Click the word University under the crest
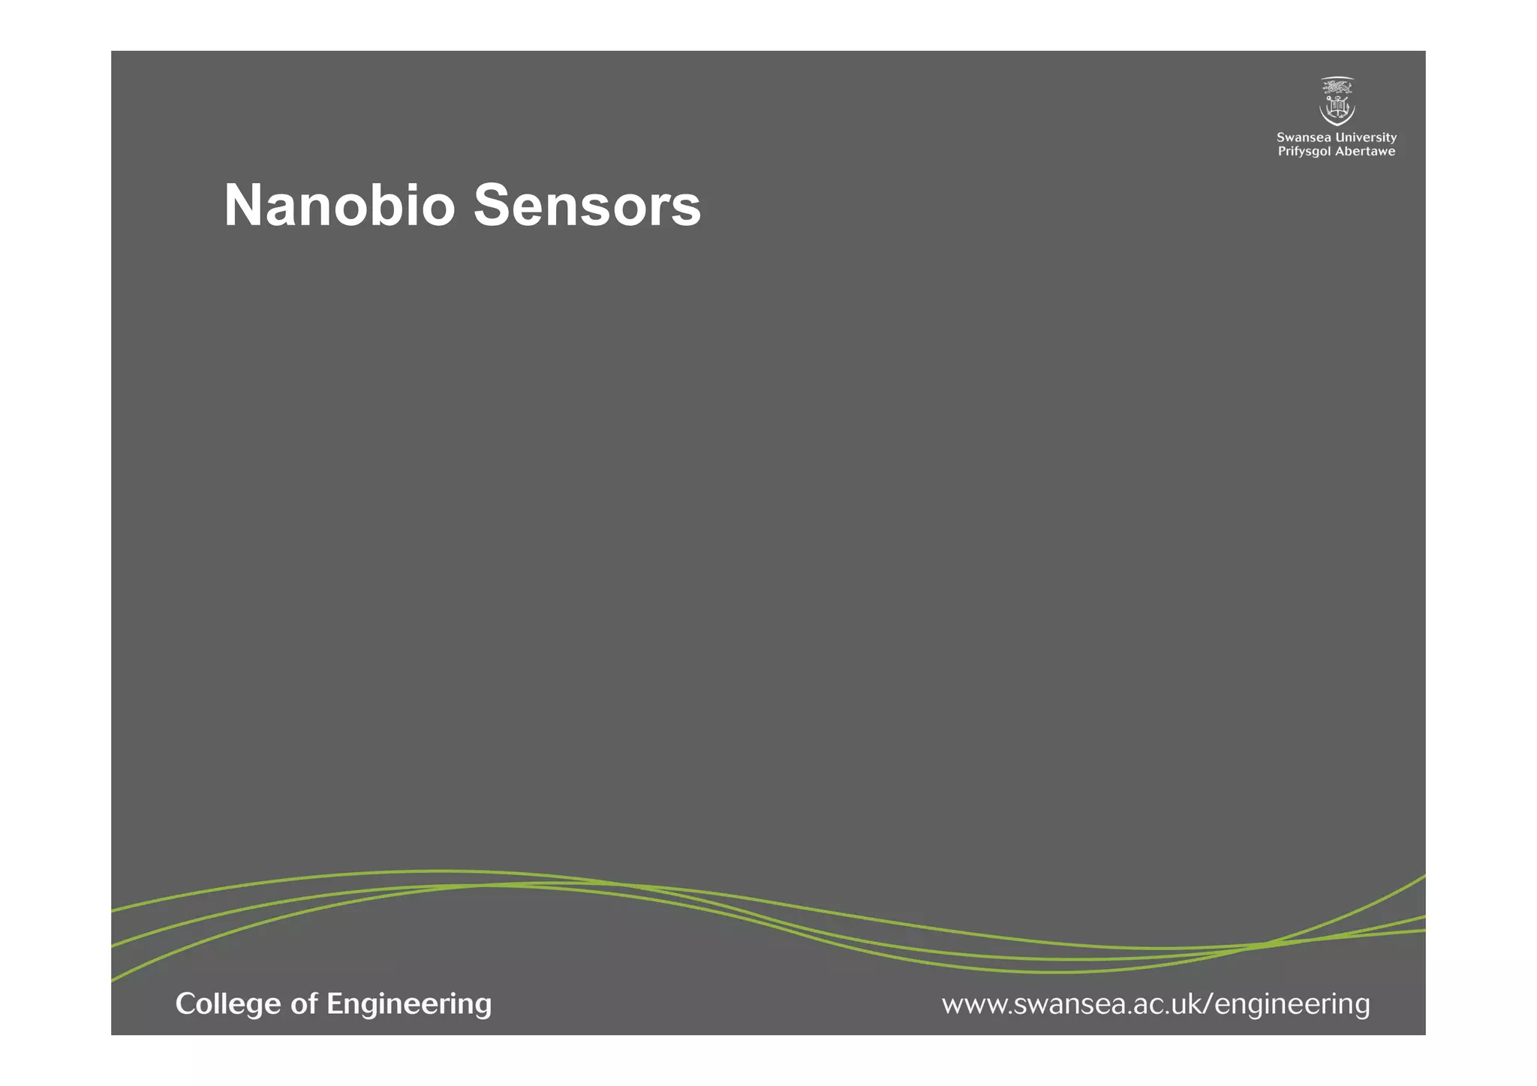tap(1367, 137)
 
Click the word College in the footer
tap(228, 1004)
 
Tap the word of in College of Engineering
tap(304, 1004)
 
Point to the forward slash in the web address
tap(1208, 1004)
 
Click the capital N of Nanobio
tap(245, 205)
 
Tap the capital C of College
tap(185, 1004)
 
